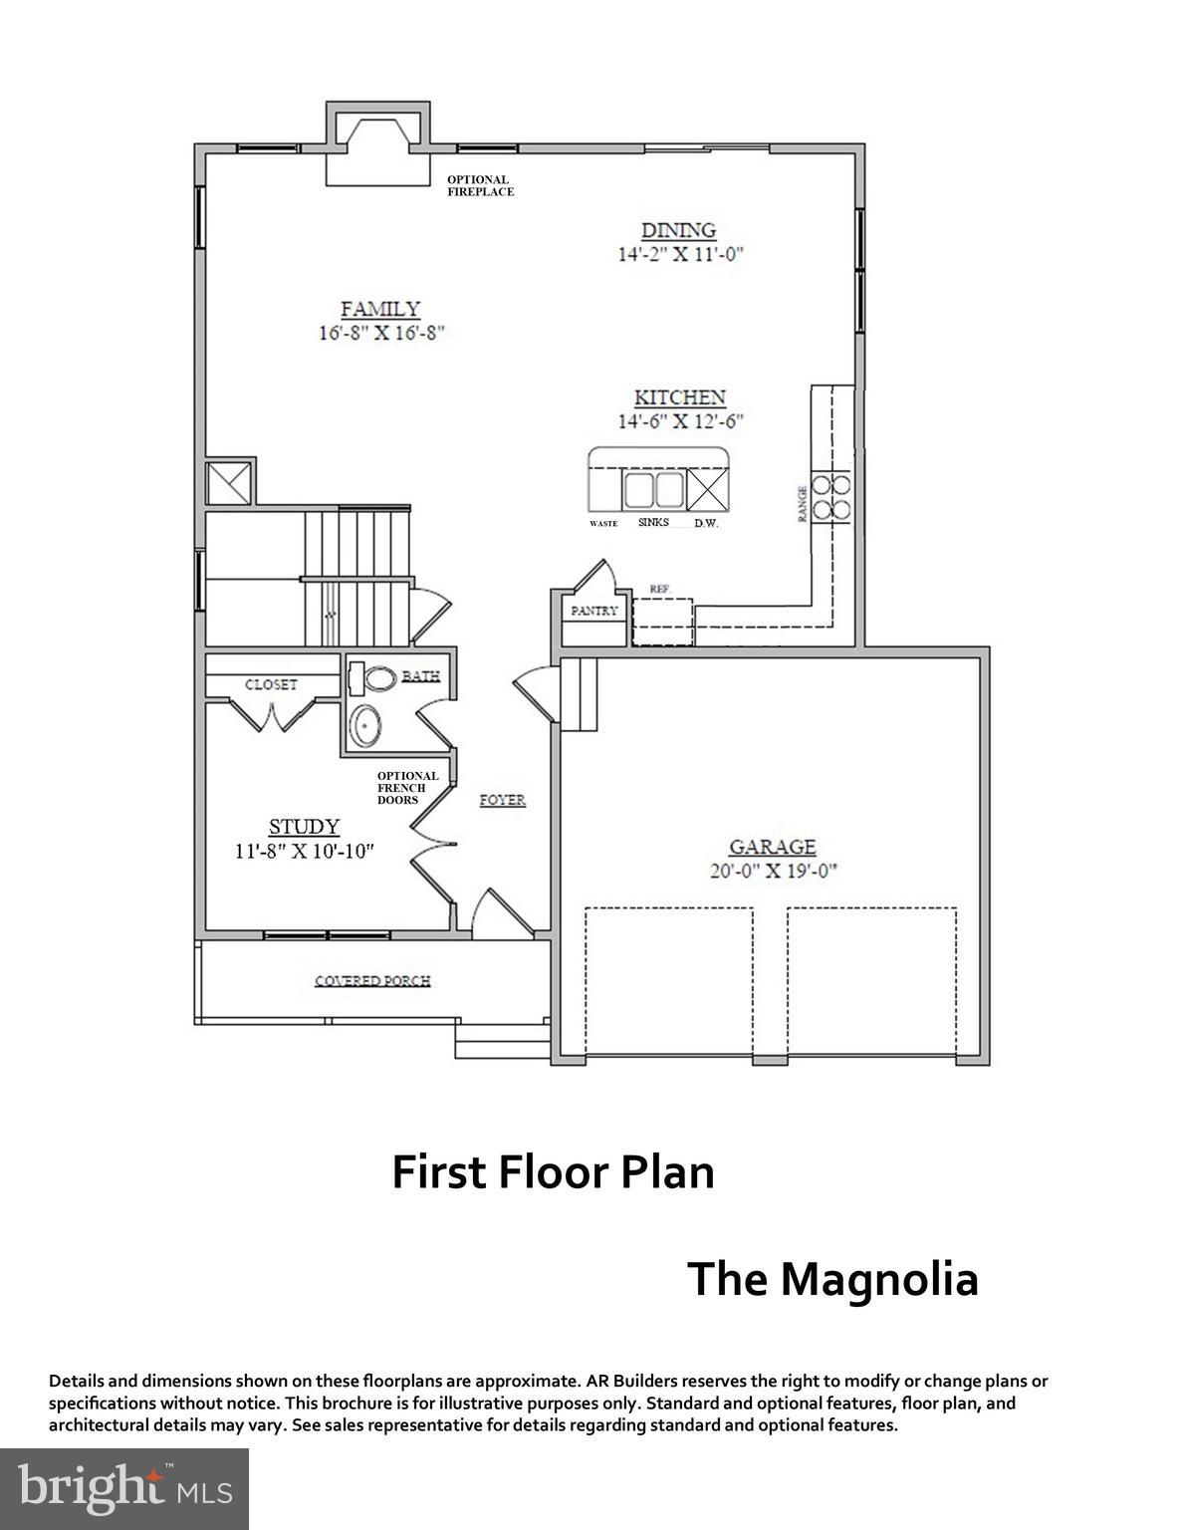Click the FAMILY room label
[x=380, y=310]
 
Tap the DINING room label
[x=678, y=230]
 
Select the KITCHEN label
[x=680, y=397]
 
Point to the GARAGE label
[x=773, y=847]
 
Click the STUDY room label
[x=304, y=827]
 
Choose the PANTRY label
[x=594, y=611]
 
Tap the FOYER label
[x=502, y=800]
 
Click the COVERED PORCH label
[x=372, y=981]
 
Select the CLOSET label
[x=271, y=684]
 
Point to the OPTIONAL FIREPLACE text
[x=480, y=185]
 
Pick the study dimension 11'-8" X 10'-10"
[x=304, y=851]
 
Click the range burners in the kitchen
[x=830, y=497]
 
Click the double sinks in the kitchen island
[x=652, y=490]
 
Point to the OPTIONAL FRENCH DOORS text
[x=407, y=788]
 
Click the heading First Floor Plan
[x=553, y=1172]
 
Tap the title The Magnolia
[x=832, y=1279]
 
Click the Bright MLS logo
[x=124, y=1489]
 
